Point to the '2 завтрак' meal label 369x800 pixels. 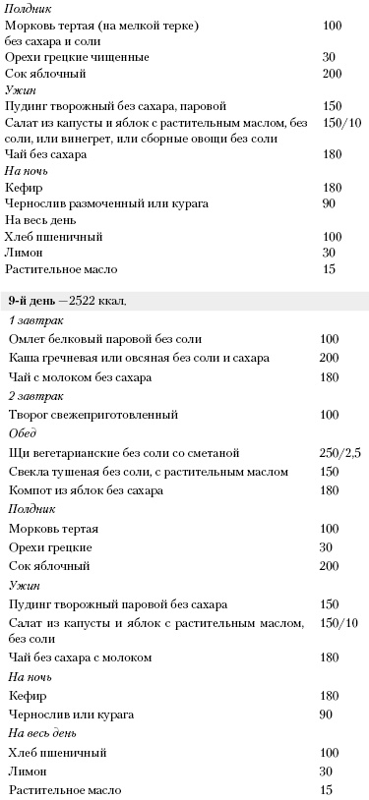33,396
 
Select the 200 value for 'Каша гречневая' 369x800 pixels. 330,359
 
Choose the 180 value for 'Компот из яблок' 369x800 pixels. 330,490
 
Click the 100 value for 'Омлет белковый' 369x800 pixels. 330,339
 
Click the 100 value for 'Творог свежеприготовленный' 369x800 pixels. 330,415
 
